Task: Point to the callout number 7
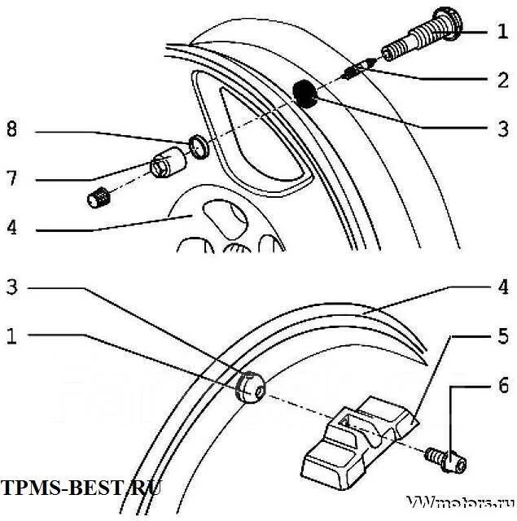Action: pos(11,177)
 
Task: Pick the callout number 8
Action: pos(11,129)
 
